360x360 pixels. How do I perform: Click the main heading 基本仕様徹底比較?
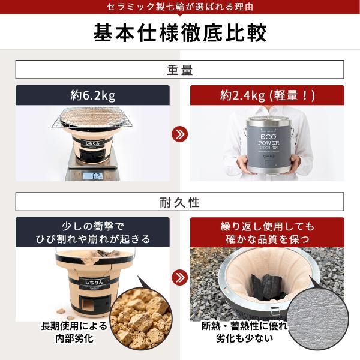[x=180, y=32]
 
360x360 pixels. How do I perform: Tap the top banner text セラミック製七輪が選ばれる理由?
[x=180, y=7]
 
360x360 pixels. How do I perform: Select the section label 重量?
[x=180, y=70]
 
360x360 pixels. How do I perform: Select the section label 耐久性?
[x=180, y=202]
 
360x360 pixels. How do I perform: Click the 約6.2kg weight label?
[x=93, y=95]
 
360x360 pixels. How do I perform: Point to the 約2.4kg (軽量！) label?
[x=267, y=95]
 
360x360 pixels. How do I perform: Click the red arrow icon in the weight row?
[x=180, y=134]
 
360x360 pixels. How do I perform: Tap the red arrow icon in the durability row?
[x=180, y=277]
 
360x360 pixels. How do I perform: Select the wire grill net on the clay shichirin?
[x=93, y=118]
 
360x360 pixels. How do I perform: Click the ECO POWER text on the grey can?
[x=269, y=140]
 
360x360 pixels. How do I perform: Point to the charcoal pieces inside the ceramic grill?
[x=267, y=286]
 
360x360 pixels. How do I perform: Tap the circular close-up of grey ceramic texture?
[x=318, y=319]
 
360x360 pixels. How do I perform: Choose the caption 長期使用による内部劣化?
[x=74, y=332]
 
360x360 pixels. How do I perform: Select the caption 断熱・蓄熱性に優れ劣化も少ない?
[x=245, y=332]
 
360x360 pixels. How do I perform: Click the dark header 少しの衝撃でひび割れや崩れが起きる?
[x=93, y=232]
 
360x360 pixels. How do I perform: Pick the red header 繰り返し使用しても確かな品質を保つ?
[x=267, y=232]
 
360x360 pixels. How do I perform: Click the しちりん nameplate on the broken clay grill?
[x=94, y=282]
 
